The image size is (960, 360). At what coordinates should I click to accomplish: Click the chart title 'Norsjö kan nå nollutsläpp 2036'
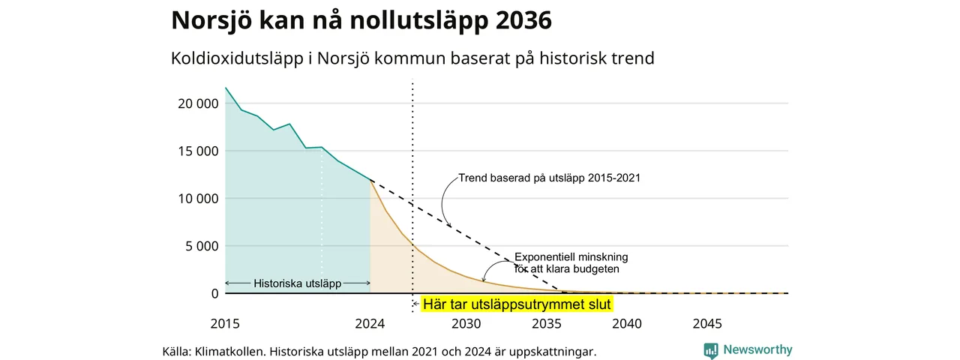click(x=361, y=20)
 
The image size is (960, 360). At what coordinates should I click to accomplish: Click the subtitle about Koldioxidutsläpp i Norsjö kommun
click(x=412, y=58)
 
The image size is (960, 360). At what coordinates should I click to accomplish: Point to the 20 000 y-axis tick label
click(x=198, y=103)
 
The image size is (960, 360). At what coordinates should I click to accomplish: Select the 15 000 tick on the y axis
click(x=198, y=151)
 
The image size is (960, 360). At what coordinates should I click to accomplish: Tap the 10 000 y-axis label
click(x=198, y=199)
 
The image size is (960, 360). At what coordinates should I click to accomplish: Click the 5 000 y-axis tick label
click(x=202, y=247)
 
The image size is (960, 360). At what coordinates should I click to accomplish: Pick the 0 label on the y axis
click(x=214, y=294)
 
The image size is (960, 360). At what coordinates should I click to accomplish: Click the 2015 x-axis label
click(x=225, y=323)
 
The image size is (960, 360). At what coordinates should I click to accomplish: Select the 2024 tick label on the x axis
click(x=370, y=323)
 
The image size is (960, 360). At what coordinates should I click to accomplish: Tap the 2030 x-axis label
click(x=466, y=323)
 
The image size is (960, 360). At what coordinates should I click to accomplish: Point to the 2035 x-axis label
click(x=547, y=323)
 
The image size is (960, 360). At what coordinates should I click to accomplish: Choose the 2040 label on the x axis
click(x=627, y=323)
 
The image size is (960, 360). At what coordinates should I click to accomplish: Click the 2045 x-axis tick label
click(x=707, y=323)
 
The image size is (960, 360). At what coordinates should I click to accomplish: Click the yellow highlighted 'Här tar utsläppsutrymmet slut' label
click(x=517, y=304)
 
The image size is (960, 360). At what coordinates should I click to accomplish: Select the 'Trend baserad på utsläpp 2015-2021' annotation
click(x=550, y=178)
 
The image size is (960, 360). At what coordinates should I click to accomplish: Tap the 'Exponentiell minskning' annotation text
click(x=571, y=257)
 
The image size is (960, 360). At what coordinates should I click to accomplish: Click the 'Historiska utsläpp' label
click(x=298, y=283)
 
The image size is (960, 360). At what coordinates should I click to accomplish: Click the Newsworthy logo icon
click(x=710, y=350)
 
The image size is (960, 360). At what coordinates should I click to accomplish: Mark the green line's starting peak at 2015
click(x=226, y=88)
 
